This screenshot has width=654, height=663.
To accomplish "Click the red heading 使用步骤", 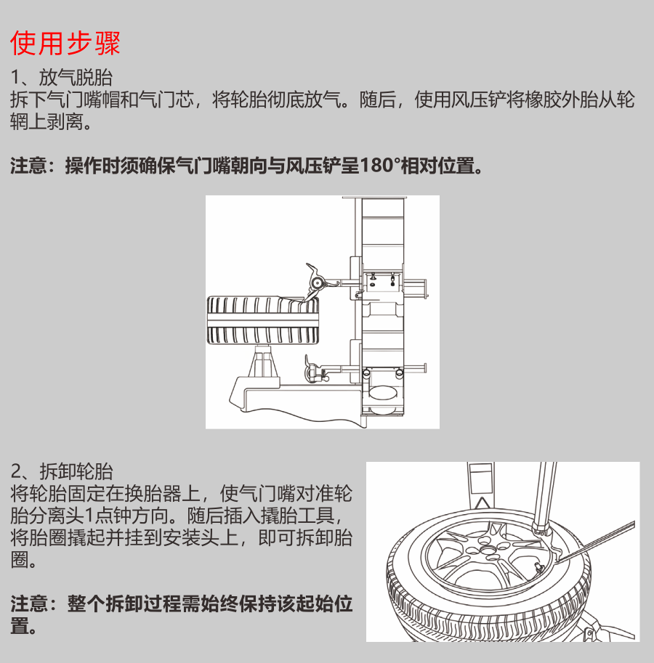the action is [65, 43].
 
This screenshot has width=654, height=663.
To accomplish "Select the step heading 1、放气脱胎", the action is [62, 78].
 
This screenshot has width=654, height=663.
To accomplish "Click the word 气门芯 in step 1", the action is [166, 99].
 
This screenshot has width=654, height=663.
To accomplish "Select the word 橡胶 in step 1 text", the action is [543, 99].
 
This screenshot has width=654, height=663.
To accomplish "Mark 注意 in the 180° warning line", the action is [28, 166].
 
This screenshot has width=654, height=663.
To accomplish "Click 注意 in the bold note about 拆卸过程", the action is [29, 603].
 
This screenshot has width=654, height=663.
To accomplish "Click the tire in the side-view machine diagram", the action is [263, 320].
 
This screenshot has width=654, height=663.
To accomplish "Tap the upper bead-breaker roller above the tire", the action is [315, 281].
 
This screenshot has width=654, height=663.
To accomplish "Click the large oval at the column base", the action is [383, 392].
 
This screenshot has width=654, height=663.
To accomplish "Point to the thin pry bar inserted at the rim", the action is [597, 542].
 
